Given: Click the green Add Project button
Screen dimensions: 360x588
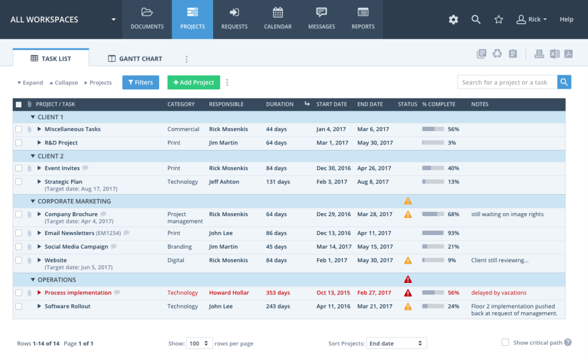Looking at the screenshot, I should click(194, 83).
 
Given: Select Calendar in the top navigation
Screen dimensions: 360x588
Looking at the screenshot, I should click(277, 19).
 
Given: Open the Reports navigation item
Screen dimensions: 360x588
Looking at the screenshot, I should click(363, 19).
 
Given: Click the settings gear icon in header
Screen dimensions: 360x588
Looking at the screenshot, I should click(453, 20).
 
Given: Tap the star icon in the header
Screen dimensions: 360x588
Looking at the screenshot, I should click(499, 20).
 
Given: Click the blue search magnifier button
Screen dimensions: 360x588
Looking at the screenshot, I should click(564, 82).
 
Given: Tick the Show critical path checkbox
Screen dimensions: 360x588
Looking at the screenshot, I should click(505, 343).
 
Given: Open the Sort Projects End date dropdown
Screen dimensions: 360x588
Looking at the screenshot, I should click(396, 343).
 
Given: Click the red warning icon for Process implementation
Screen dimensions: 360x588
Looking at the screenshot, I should click(408, 293).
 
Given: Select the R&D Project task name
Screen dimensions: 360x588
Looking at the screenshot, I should click(61, 143).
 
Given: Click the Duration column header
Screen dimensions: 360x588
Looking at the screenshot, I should click(279, 104).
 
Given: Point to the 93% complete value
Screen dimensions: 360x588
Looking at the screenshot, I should click(453, 233).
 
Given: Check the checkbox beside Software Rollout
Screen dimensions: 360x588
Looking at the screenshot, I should click(19, 306).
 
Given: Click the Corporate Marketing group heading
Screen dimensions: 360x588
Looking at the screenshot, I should click(74, 201).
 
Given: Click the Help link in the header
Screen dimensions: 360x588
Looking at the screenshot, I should click(567, 20).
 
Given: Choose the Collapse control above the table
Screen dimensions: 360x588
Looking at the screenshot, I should click(64, 83).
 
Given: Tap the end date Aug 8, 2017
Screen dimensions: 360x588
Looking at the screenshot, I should click(373, 182).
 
